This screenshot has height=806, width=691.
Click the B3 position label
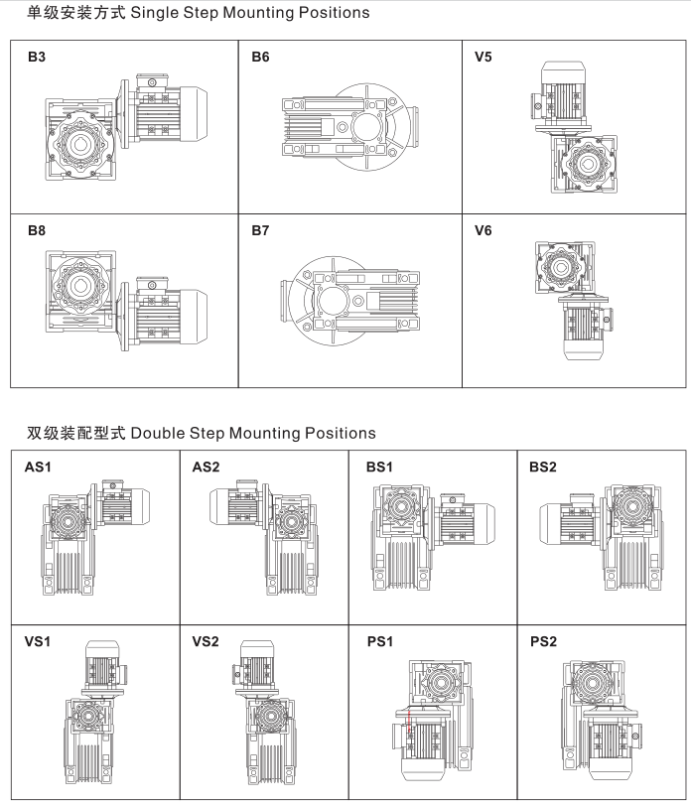[36, 58]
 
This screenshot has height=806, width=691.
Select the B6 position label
[260, 58]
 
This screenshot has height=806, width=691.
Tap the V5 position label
[484, 58]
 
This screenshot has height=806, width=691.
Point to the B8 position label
[36, 231]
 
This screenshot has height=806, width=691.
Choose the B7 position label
[260, 231]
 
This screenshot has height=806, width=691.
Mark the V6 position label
[484, 231]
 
